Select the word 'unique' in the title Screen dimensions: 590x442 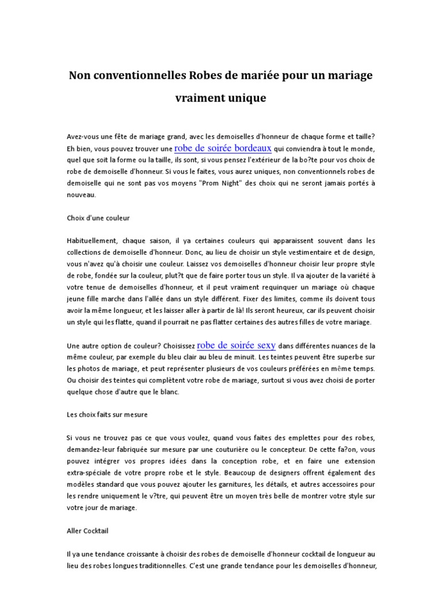tap(246, 98)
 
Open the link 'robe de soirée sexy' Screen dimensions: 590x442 tap(237, 346)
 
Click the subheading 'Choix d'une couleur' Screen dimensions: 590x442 tap(98, 218)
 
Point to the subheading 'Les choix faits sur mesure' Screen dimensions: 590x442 tap(108, 414)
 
